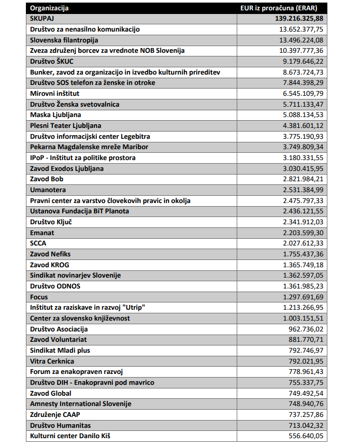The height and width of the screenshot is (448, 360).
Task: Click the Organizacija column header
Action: click(x=49, y=8)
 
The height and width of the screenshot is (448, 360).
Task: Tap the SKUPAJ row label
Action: click(x=42, y=19)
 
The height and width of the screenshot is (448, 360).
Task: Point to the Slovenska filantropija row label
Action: click(x=64, y=40)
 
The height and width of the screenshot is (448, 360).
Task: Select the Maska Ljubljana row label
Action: click(x=55, y=114)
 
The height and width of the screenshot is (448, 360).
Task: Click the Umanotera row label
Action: click(x=48, y=190)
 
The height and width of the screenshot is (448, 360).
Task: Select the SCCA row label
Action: click(x=39, y=243)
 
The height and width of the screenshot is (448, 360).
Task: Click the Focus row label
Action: click(x=40, y=297)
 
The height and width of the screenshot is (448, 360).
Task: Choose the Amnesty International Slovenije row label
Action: click(x=81, y=403)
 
